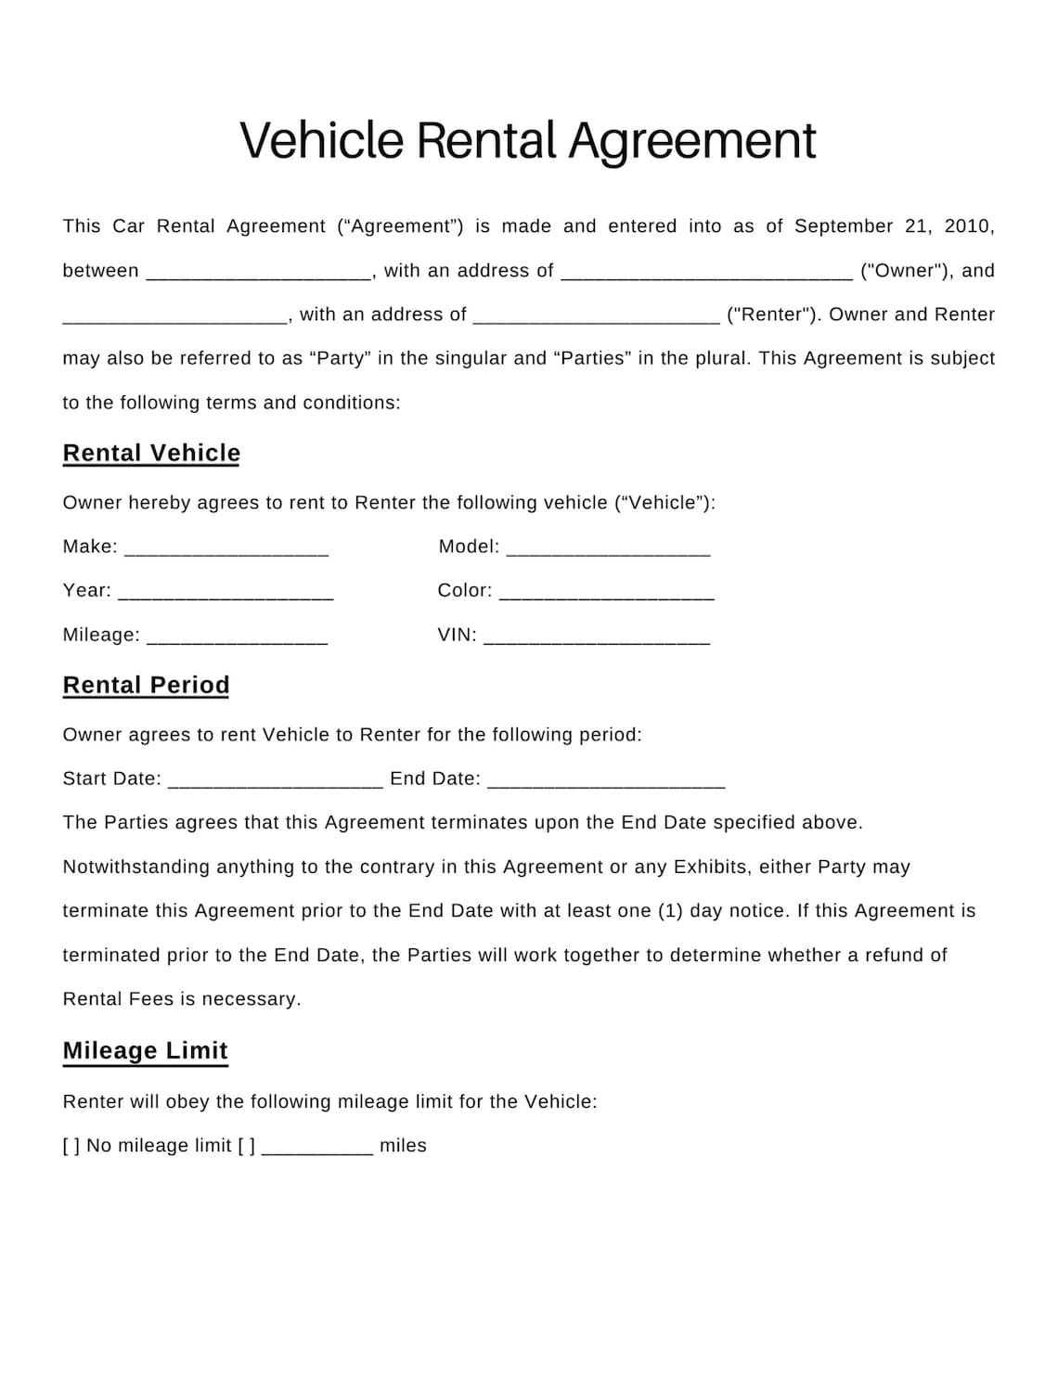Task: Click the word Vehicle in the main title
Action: coord(322,141)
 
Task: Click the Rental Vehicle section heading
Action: coord(151,453)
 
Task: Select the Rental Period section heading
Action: coord(146,685)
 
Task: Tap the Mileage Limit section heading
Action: coord(145,1050)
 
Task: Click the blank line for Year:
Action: coord(226,594)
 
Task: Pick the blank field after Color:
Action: coord(606,594)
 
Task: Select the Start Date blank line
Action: coord(276,781)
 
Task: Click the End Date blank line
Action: coord(605,781)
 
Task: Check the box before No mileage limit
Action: coord(71,1146)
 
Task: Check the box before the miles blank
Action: coord(246,1146)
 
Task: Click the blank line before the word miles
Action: coord(317,1149)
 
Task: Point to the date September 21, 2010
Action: coord(894,226)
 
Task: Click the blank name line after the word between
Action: coord(259,274)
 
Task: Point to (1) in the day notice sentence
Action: coord(670,911)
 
